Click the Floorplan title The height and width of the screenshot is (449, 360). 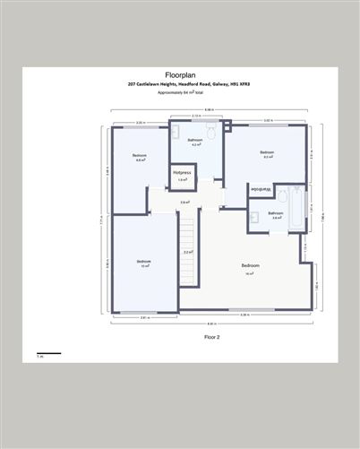pyautogui.click(x=179, y=75)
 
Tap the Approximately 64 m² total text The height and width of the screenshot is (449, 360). pyautogui.click(x=179, y=91)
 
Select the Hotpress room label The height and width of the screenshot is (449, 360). pyautogui.click(x=183, y=171)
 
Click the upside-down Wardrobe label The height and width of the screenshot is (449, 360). pyautogui.click(x=260, y=190)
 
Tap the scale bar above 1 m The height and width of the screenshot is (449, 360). pyautogui.click(x=48, y=353)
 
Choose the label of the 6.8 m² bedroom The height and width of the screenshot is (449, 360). pyautogui.click(x=140, y=158)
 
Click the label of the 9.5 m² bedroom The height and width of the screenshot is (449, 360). pyautogui.click(x=267, y=154)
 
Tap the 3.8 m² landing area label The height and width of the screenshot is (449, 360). pyautogui.click(x=184, y=203)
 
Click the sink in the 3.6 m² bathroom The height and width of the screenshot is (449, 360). pyautogui.click(x=254, y=215)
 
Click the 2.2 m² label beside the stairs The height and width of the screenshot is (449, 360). pyautogui.click(x=187, y=253)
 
